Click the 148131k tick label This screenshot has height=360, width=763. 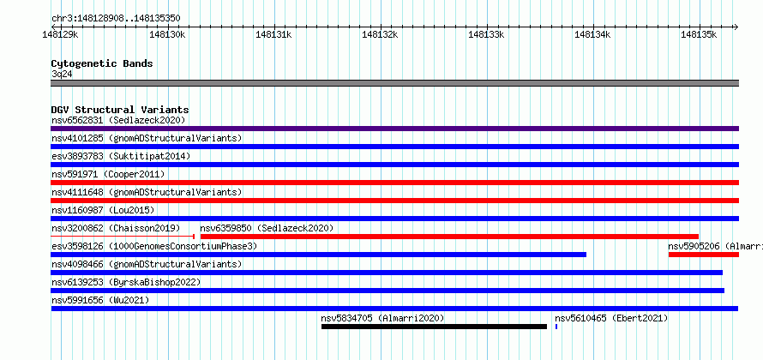[273, 34]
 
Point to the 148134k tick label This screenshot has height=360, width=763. [592, 34]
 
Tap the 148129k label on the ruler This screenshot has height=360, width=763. [61, 34]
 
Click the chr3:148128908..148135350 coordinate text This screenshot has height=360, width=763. [116, 19]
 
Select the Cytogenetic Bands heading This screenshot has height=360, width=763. [102, 63]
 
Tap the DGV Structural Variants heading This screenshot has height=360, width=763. [120, 110]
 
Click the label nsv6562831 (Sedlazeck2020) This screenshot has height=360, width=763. [118, 120]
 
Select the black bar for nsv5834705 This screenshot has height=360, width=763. [434, 327]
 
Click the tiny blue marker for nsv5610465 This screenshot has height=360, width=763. [556, 327]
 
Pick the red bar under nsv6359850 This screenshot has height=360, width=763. [449, 237]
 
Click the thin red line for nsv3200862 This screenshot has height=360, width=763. [123, 237]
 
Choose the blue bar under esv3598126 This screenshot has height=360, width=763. [319, 255]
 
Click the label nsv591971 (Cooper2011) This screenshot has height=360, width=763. [108, 174]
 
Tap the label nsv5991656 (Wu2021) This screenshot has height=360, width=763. [100, 300]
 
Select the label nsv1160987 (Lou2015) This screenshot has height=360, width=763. [103, 210]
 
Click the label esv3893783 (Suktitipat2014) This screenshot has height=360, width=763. [121, 156]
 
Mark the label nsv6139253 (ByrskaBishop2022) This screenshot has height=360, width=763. [126, 282]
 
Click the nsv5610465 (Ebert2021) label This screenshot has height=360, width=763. [611, 318]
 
